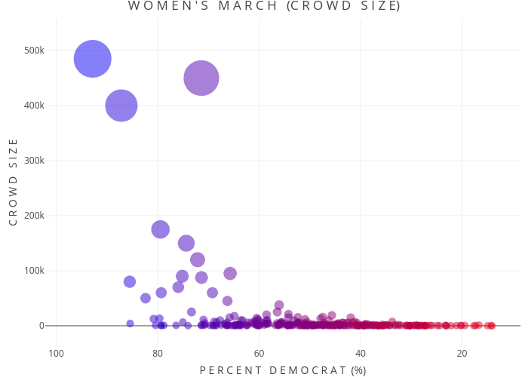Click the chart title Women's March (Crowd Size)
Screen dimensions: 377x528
pos(263,7)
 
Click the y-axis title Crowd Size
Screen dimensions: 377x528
pos(13,188)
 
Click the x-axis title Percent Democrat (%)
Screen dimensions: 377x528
pos(282,369)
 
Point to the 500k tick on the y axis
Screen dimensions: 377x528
pos(34,51)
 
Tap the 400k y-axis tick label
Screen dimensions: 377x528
pos(34,106)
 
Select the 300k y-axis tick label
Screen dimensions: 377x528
pos(34,161)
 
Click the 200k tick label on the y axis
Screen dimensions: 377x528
pos(34,216)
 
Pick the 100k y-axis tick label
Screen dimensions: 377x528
pos(34,271)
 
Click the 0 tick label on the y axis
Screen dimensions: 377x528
pos(42,326)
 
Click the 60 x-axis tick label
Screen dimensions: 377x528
pos(259,354)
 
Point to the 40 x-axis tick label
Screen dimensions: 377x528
pos(361,354)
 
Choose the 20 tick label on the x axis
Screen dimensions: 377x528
pos(462,354)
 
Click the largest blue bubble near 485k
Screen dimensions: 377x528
pos(93,59)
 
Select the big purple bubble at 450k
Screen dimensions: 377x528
pos(201,78)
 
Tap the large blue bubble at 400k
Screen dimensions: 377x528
pos(121,106)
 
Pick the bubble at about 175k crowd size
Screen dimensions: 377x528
pos(161,229)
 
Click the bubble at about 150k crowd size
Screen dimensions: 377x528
pos(186,243)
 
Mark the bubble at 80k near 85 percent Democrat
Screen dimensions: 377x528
pos(130,281)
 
